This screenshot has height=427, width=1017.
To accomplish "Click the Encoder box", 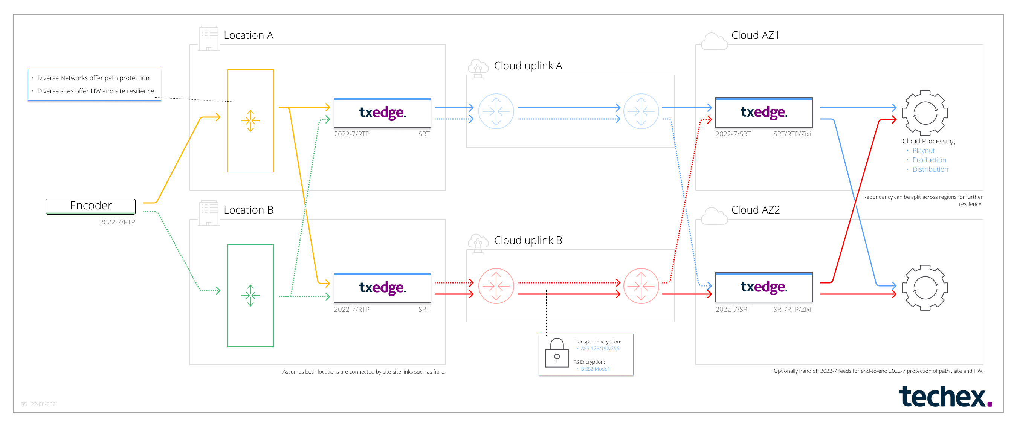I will [x=90, y=206].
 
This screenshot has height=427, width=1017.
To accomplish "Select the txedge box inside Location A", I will [x=382, y=113].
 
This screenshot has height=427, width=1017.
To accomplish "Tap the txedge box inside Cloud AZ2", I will [x=764, y=287].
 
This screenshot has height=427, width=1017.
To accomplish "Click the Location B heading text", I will [x=248, y=210].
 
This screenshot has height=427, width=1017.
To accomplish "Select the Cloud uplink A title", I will [x=528, y=66].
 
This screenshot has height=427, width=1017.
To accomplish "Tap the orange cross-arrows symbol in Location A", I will [x=250, y=121].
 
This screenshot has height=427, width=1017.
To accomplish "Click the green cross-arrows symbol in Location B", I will [x=250, y=296].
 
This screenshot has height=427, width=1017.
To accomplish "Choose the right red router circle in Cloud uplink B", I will [x=641, y=286].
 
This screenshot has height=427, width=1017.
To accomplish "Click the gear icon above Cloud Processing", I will [x=925, y=113].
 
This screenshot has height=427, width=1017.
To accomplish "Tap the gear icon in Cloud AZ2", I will [x=925, y=288].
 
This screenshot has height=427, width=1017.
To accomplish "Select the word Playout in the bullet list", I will [x=924, y=151].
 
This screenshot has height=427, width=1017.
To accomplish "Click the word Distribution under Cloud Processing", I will [x=930, y=169].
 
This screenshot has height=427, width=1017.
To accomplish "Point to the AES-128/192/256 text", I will [x=600, y=348].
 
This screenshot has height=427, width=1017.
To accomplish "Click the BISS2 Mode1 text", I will [x=595, y=369].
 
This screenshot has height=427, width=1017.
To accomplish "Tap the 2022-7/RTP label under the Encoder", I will [x=117, y=222].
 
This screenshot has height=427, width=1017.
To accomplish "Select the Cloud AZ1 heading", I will [x=755, y=35].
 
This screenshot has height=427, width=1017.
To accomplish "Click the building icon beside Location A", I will [x=208, y=39].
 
